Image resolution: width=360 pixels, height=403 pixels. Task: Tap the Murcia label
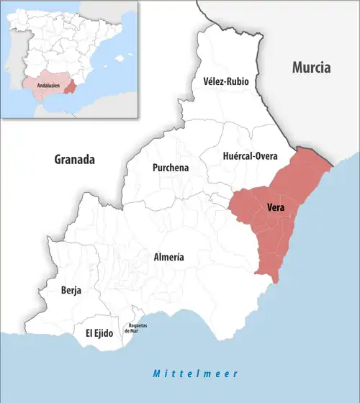click(311, 68)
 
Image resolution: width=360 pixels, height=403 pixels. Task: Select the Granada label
click(75, 160)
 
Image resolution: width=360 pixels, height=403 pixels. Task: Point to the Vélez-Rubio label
click(226, 81)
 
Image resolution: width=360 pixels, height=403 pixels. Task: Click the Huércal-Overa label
click(246, 154)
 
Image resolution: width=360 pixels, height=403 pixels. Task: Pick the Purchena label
click(171, 168)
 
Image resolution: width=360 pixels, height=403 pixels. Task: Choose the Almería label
click(169, 257)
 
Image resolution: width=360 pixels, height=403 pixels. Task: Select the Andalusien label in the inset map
click(42, 85)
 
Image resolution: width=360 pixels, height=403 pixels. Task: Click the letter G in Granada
click(58, 160)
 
